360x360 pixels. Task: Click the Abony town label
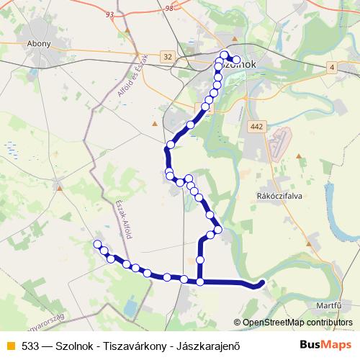point(39,43)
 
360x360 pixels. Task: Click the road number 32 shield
point(168,56)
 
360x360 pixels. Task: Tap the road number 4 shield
point(332,67)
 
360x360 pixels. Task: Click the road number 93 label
point(109,14)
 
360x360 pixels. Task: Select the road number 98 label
point(169,8)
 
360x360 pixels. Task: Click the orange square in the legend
point(9,345)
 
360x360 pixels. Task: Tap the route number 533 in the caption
point(30,345)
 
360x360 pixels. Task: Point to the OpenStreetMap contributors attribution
point(297,322)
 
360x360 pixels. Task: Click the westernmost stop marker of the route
point(97,245)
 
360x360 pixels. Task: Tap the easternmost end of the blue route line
point(264,282)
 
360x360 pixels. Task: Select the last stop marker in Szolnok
point(236,59)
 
